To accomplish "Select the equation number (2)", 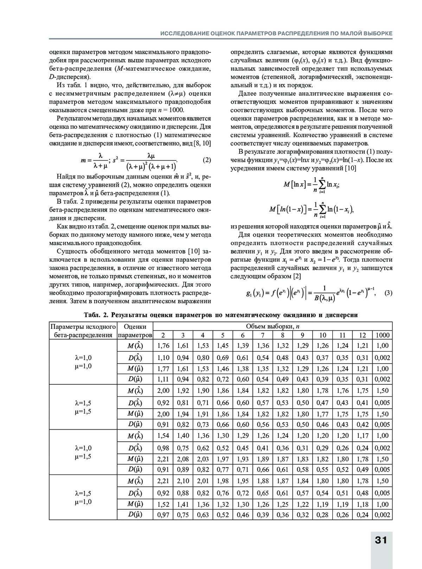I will (x=207, y=160).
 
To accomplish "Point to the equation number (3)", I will (x=388, y=293).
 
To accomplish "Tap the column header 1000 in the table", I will (x=382, y=335).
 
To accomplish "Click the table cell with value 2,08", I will (x=183, y=459).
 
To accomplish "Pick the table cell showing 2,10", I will (x=183, y=481).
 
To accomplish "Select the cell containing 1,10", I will (x=163, y=358).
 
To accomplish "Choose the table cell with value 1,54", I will (x=163, y=436).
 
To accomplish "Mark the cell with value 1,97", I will (x=223, y=459).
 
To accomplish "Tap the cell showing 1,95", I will (x=243, y=481).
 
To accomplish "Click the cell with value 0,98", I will (x=163, y=448).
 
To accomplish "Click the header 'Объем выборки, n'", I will (x=273, y=326).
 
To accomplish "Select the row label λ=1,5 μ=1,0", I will (x=83, y=497).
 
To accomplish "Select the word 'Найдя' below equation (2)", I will (x=65, y=177).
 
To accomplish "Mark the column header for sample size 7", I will (x=263, y=335).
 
